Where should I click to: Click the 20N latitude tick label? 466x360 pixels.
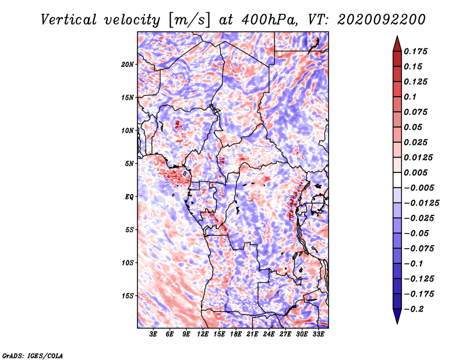click(x=128, y=64)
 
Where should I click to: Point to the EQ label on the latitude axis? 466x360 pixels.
click(x=129, y=196)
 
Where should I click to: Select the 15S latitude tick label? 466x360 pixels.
click(x=128, y=295)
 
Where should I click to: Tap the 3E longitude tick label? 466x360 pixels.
click(x=153, y=334)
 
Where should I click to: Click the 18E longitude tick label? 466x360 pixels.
click(x=236, y=334)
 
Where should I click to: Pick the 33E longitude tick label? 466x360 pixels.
click(x=318, y=334)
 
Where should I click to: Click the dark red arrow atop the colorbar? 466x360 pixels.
click(x=397, y=43)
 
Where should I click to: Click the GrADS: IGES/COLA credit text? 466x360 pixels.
click(x=33, y=354)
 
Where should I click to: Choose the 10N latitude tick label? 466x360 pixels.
click(x=128, y=130)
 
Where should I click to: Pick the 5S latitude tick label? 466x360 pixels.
click(x=129, y=230)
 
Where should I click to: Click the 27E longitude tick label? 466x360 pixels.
click(x=285, y=334)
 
